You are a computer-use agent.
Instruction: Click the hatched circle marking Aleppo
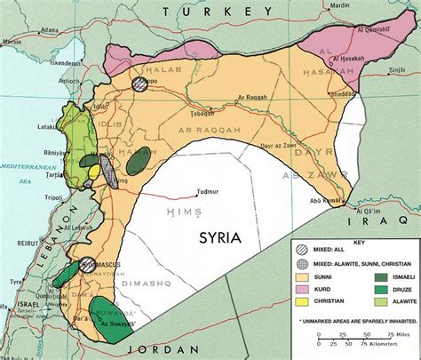(139, 84)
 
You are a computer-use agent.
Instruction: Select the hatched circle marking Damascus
(86, 265)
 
